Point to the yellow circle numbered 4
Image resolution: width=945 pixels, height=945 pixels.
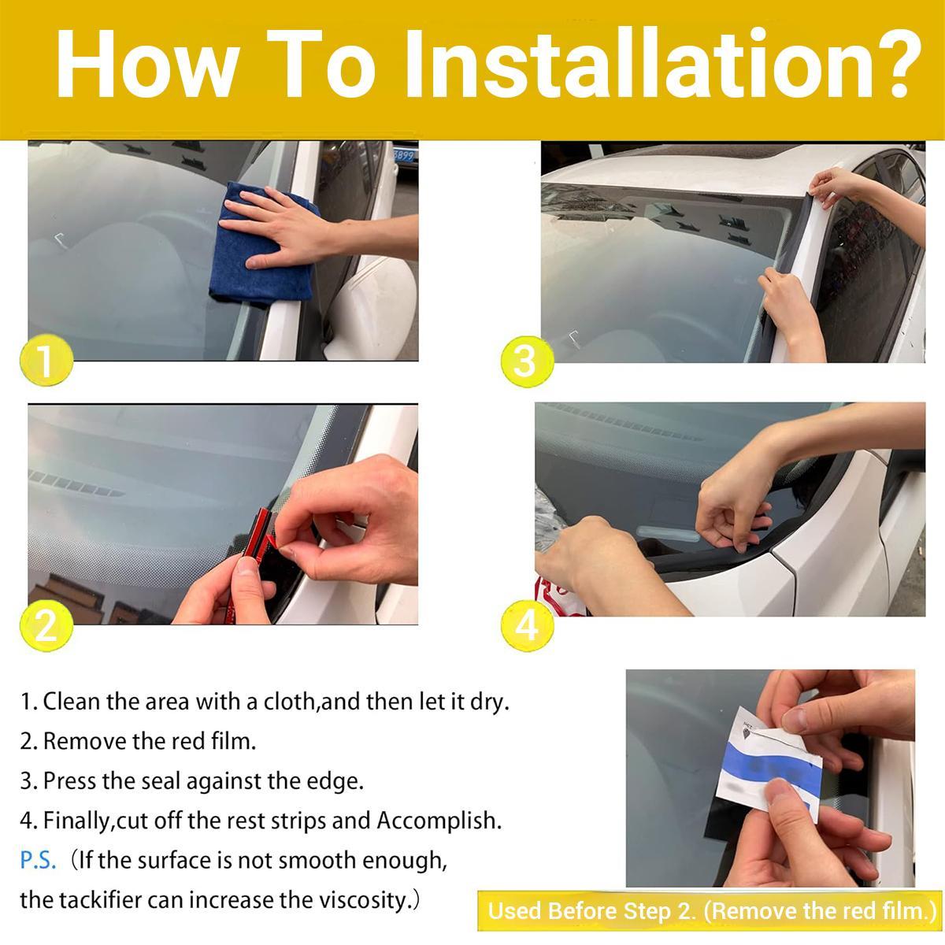click(526, 626)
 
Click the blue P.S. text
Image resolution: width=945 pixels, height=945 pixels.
click(38, 860)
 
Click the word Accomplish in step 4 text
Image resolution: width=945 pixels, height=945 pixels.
click(438, 821)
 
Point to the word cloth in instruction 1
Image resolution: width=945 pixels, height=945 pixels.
click(289, 701)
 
